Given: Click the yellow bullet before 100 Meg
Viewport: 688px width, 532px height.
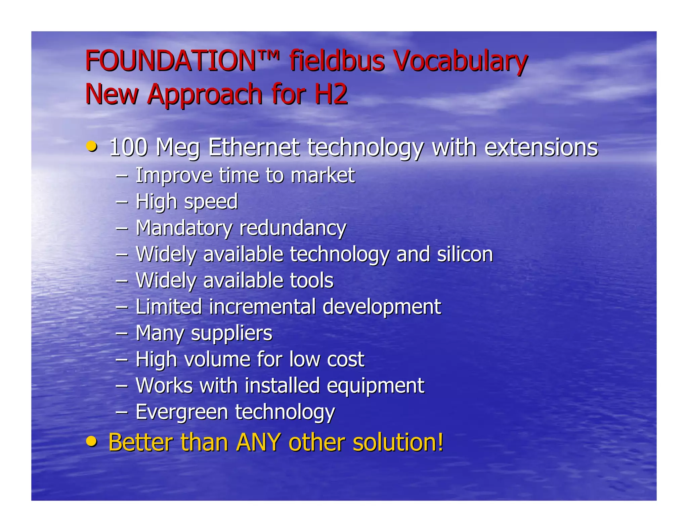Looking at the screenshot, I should click(92, 147).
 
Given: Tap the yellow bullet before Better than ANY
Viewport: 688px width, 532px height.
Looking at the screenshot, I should click(92, 441).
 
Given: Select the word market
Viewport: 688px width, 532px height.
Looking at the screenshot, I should click(322, 175).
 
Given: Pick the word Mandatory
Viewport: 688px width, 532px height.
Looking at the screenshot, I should click(184, 228).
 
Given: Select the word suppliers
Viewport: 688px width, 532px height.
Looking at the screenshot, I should click(231, 334).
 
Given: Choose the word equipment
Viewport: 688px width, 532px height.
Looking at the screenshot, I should click(375, 386).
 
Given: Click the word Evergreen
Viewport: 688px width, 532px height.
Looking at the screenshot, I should click(182, 412).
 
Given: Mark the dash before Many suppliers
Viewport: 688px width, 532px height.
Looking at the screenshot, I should click(122, 333).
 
